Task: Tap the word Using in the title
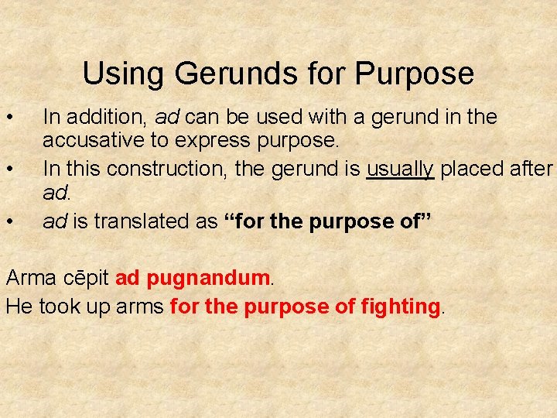click(124, 74)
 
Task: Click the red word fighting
click(400, 306)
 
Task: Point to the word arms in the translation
click(138, 306)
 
